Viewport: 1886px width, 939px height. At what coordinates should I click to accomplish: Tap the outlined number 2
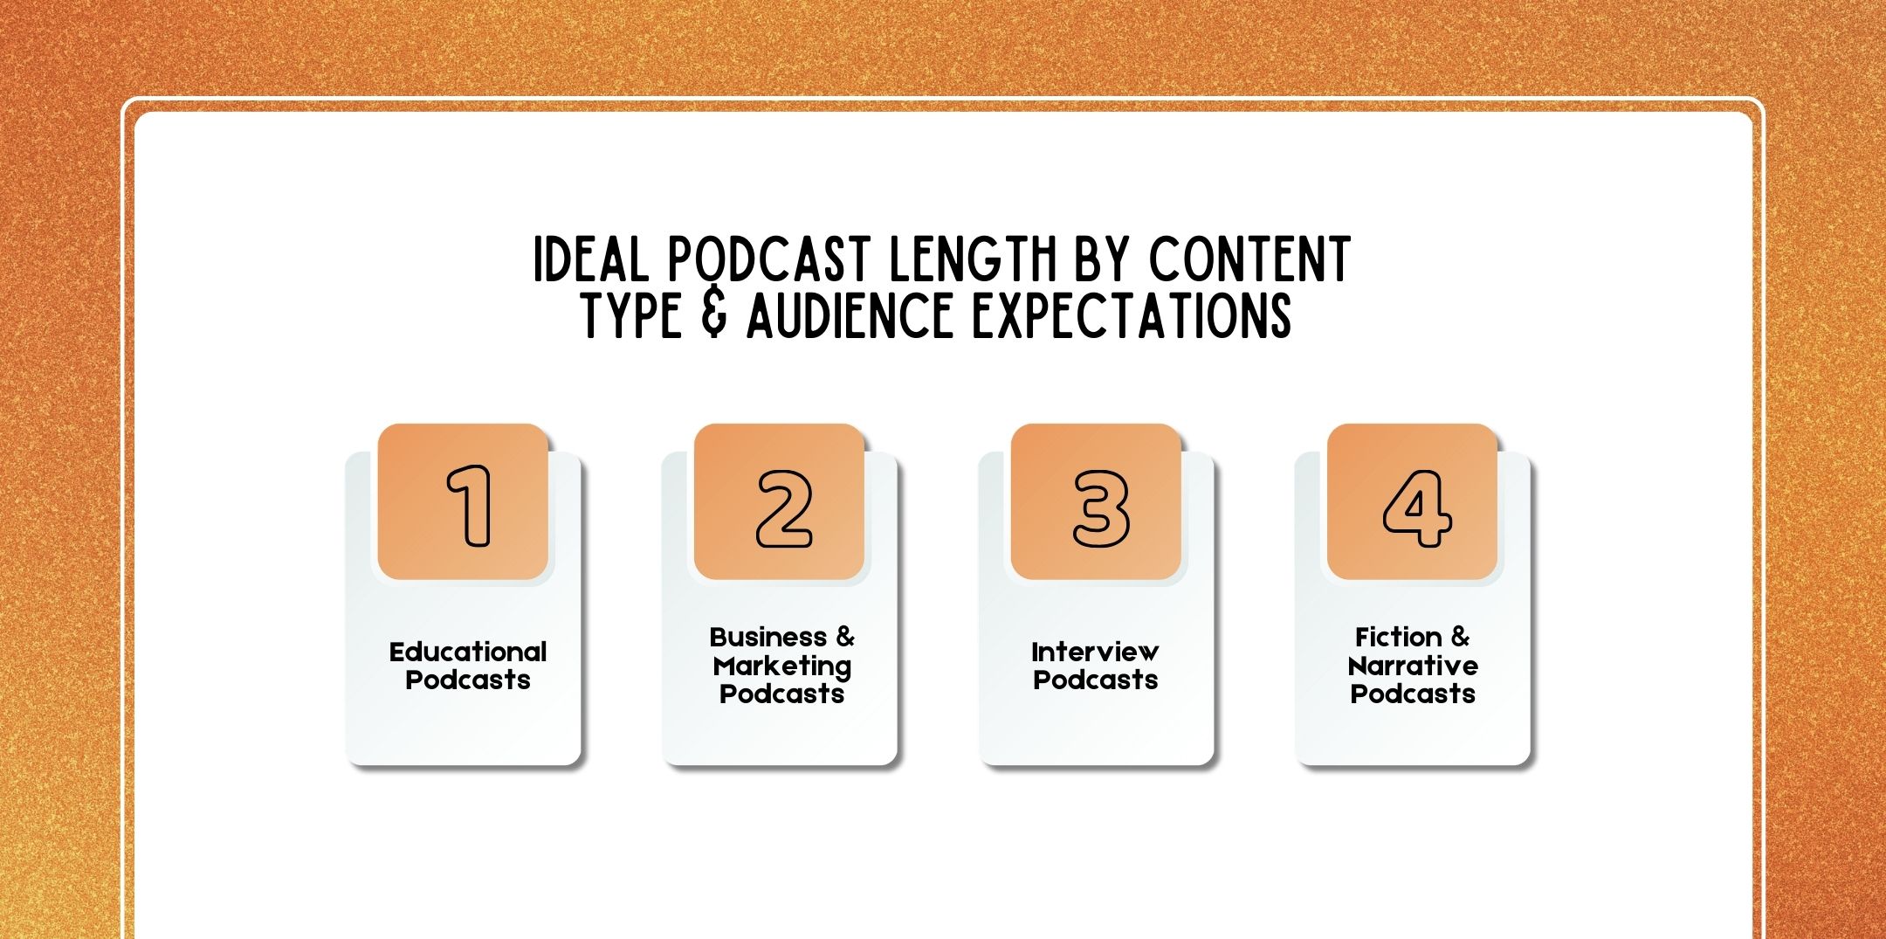point(784,509)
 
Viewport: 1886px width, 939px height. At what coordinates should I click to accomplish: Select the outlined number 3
point(1100,509)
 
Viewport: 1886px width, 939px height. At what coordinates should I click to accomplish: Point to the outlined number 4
point(1416,508)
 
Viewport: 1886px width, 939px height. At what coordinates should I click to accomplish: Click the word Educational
point(468,652)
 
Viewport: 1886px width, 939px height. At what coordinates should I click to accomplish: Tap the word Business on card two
point(767,637)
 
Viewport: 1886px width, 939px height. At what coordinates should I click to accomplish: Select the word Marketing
point(781,666)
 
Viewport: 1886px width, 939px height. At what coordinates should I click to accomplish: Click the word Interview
point(1095,652)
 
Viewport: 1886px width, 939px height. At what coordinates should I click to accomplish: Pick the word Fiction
point(1398,637)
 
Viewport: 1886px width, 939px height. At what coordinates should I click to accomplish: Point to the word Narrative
point(1413,666)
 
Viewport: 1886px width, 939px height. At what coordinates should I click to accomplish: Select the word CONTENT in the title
point(1249,259)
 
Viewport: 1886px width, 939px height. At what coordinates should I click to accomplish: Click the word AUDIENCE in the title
point(850,315)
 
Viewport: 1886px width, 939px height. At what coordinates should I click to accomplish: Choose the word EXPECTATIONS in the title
point(1132,315)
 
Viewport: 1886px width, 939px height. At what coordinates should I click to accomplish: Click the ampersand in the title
point(713,315)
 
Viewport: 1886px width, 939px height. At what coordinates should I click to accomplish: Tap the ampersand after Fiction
point(1460,637)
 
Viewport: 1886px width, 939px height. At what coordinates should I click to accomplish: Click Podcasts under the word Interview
point(1095,680)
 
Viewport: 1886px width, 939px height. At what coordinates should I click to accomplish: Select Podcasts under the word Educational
point(468,680)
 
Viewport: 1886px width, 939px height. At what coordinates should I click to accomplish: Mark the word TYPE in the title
point(632,315)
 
